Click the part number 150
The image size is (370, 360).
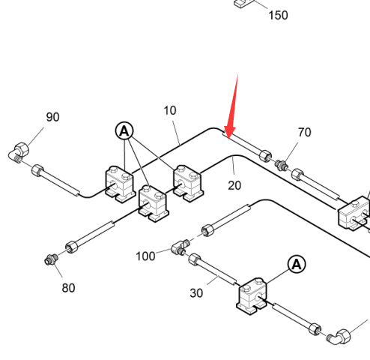(x=278, y=15)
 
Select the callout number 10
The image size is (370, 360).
(x=170, y=110)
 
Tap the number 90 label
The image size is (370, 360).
(x=52, y=117)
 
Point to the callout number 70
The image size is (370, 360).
(x=305, y=132)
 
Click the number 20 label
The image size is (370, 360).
(x=234, y=185)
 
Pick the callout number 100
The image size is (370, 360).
(x=145, y=256)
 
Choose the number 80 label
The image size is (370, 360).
(x=68, y=288)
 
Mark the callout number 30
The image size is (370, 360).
(x=196, y=293)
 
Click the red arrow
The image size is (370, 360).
(x=232, y=106)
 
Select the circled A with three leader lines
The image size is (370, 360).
(x=124, y=131)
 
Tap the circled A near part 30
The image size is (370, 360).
(x=297, y=264)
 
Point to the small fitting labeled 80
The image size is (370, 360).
(x=51, y=259)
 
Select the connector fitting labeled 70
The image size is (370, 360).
(x=282, y=165)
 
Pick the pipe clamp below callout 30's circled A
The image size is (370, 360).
(x=252, y=295)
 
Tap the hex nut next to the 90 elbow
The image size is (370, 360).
(x=37, y=170)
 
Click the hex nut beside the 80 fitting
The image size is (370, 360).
(x=71, y=247)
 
